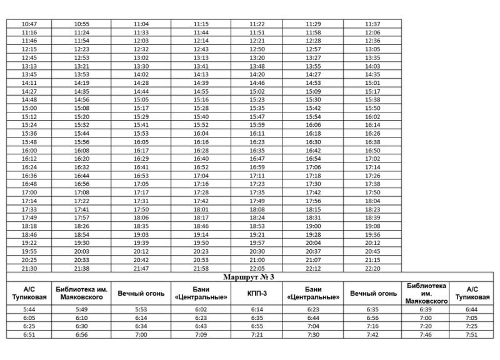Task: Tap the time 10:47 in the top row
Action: pyautogui.click(x=29, y=24)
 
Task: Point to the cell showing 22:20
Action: pyautogui.click(x=372, y=268)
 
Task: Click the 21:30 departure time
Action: pyautogui.click(x=29, y=268)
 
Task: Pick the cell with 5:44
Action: pyautogui.click(x=29, y=309)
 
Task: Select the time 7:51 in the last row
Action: pyautogui.click(x=471, y=334)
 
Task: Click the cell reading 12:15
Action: pyautogui.click(x=29, y=49)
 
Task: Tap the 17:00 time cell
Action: pyautogui.click(x=29, y=192)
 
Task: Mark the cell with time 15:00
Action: pyautogui.click(x=29, y=108)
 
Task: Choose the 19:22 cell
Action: pyautogui.click(x=29, y=243)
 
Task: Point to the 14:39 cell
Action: pyautogui.click(x=201, y=82)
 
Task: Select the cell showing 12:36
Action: pyautogui.click(x=372, y=41)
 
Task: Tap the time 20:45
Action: pyautogui.click(x=372, y=251)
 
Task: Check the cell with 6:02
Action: pyautogui.click(x=201, y=309)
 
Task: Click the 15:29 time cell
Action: pyautogui.click(x=141, y=116)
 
